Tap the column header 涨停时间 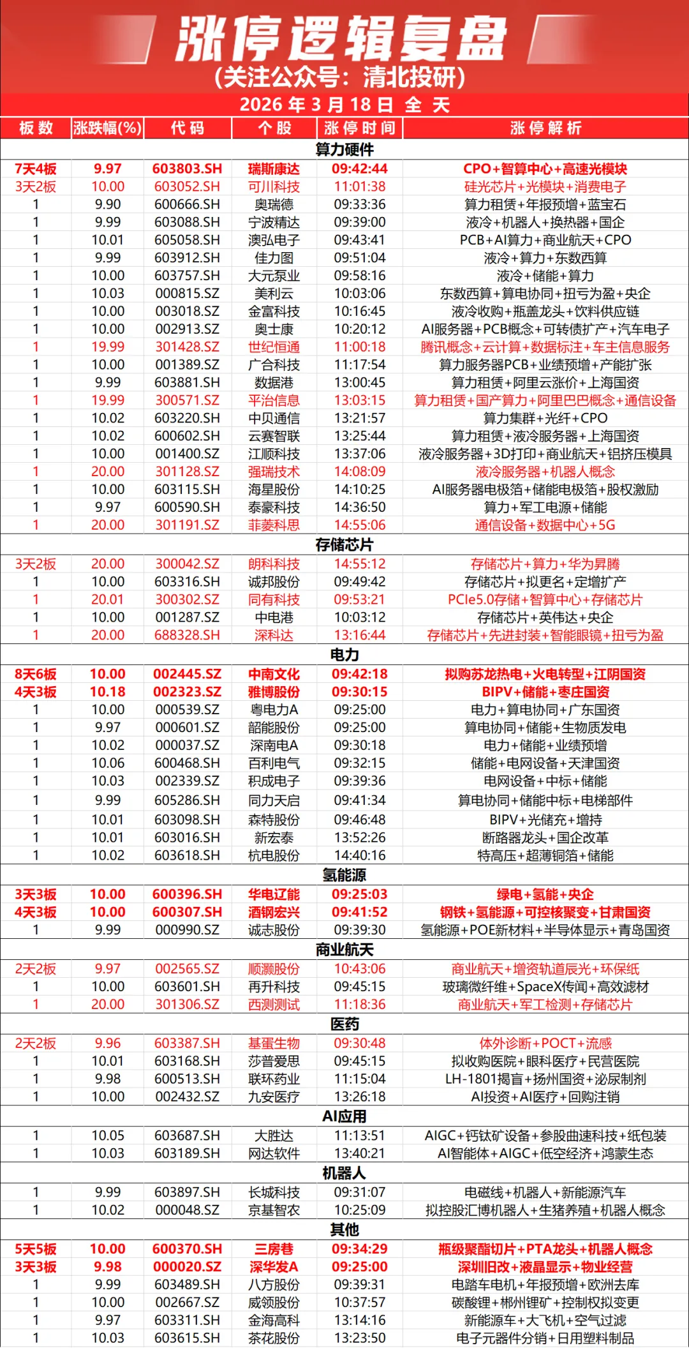coord(360,128)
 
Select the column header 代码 coord(188,128)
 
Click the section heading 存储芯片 coord(344,544)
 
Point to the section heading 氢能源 coord(344,875)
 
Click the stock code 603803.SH coord(187,168)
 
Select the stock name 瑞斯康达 coord(274,168)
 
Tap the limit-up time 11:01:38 coord(360,186)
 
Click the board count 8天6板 coord(36,674)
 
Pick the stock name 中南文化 coord(274,674)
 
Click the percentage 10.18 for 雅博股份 coord(107,692)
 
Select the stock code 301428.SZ coord(187,347)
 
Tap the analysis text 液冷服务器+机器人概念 coord(545,472)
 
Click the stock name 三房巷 coord(274,1249)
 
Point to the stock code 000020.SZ coord(187,1267)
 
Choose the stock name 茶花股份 coord(274,1338)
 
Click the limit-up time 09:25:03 coord(360,894)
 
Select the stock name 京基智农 coord(274,1210)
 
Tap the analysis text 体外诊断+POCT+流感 coord(545,1043)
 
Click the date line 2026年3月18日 coord(344,105)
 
